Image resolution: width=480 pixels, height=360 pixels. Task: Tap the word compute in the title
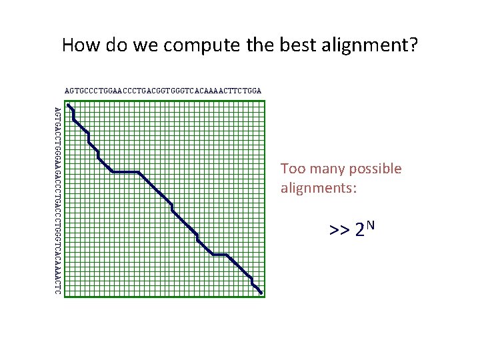pos(193,46)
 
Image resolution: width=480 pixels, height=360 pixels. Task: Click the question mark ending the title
pos(413,46)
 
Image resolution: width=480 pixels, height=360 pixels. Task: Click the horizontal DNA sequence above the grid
pos(163,89)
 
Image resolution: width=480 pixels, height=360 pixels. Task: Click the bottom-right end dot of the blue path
pos(261,293)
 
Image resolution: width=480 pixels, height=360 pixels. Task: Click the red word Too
pos(292,169)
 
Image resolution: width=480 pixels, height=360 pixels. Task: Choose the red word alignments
pos(319,189)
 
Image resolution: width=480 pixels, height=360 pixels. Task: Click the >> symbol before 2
pos(339,231)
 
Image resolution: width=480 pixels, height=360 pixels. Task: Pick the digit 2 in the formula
pos(359,231)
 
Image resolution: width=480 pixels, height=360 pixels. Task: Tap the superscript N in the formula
pos(371,225)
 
